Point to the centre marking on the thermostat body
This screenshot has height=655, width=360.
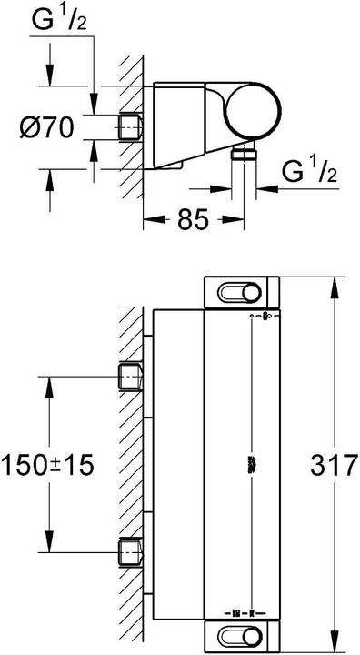pyautogui.click(x=251, y=465)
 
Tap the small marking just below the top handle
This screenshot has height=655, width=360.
pyautogui.click(x=260, y=316)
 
